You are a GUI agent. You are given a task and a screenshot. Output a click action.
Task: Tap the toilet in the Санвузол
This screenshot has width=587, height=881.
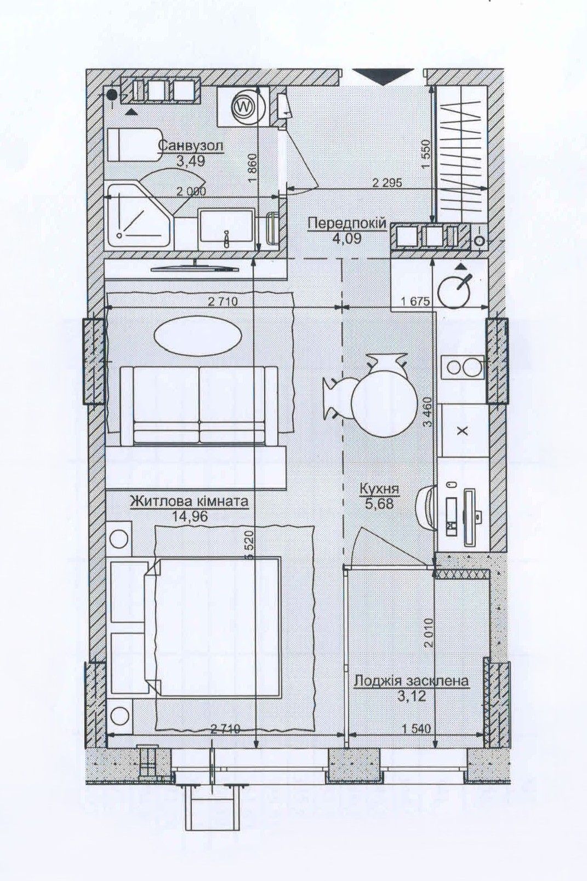pyautogui.click(x=134, y=144)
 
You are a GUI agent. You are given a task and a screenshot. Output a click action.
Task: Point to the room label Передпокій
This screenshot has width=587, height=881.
pyautogui.click(x=347, y=223)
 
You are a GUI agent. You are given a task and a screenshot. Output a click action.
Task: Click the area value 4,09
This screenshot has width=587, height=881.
pyautogui.click(x=347, y=238)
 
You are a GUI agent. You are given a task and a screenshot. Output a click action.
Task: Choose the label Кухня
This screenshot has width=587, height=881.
pyautogui.click(x=379, y=489)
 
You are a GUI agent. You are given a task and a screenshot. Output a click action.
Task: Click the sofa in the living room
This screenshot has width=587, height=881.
pyautogui.click(x=199, y=405)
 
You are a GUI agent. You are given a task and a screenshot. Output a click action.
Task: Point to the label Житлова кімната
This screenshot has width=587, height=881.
pyautogui.click(x=189, y=501)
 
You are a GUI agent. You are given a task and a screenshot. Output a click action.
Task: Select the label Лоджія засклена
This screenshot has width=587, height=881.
pyautogui.click(x=412, y=681)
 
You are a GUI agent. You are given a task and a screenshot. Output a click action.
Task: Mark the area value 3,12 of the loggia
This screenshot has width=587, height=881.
pyautogui.click(x=412, y=696)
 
